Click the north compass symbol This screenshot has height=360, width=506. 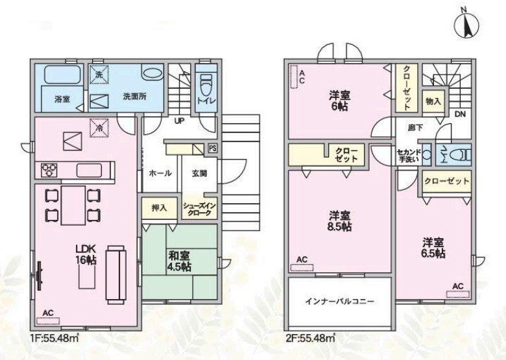pos(466,26)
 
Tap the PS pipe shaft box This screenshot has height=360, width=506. pos(212,148)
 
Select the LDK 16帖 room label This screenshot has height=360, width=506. pos(86,254)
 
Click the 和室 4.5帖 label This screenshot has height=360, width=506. pos(179,261)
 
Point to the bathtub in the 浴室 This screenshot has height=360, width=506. pos(62,75)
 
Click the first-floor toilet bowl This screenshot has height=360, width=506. pos(206,84)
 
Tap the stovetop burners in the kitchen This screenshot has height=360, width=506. pos(49,170)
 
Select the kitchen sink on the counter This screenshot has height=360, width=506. pos(89,170)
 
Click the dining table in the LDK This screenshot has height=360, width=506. pos(73,205)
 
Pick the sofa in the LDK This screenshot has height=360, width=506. pos(116,274)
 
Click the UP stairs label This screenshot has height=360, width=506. pos(180,121)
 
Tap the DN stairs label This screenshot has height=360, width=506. pos(460,114)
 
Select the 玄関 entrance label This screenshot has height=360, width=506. pos(199,174)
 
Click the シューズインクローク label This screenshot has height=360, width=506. pos(199,210)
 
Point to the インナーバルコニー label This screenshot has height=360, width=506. pos(339,302)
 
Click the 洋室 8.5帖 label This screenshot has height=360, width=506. pos(340,221)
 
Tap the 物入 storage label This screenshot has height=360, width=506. pos(433,102)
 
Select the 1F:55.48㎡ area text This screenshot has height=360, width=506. pos(54,339)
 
